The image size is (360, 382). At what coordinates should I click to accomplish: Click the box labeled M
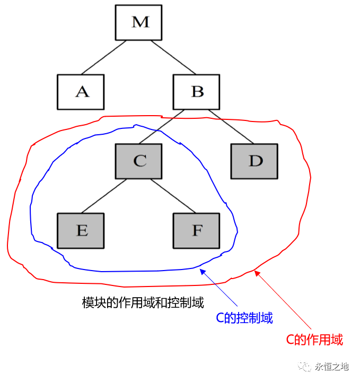pos(140,22)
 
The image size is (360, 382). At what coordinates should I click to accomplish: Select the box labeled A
pos(81,92)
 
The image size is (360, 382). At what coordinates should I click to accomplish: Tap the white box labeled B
pos(197,92)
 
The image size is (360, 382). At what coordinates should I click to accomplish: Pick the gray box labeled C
pos(139,161)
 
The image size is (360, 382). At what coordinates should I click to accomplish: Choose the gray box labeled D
pos(255,161)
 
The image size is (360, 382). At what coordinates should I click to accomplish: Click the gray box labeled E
pos(81,230)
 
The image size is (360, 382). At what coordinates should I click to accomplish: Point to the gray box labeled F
pos(197,230)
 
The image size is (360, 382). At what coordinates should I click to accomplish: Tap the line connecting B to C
pos(162,127)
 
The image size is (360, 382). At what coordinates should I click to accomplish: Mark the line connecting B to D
pos(231,127)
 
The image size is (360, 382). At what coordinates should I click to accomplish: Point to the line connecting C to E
pos(104,196)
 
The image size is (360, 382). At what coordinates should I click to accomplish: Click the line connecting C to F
pos(173,196)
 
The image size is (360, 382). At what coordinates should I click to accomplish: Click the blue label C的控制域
pos(244,318)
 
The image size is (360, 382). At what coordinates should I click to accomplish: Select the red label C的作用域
pos(314,340)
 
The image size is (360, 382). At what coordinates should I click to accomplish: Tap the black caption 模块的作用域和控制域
pos(143,303)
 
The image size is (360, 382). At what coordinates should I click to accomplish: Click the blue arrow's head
pos(201,271)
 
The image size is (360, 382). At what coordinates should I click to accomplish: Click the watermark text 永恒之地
pos(332,367)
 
